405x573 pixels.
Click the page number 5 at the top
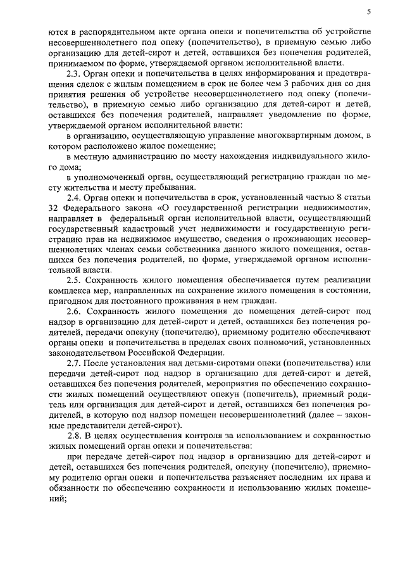point(368,11)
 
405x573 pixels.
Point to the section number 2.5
point(75,279)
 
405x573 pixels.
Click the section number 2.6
point(75,312)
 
